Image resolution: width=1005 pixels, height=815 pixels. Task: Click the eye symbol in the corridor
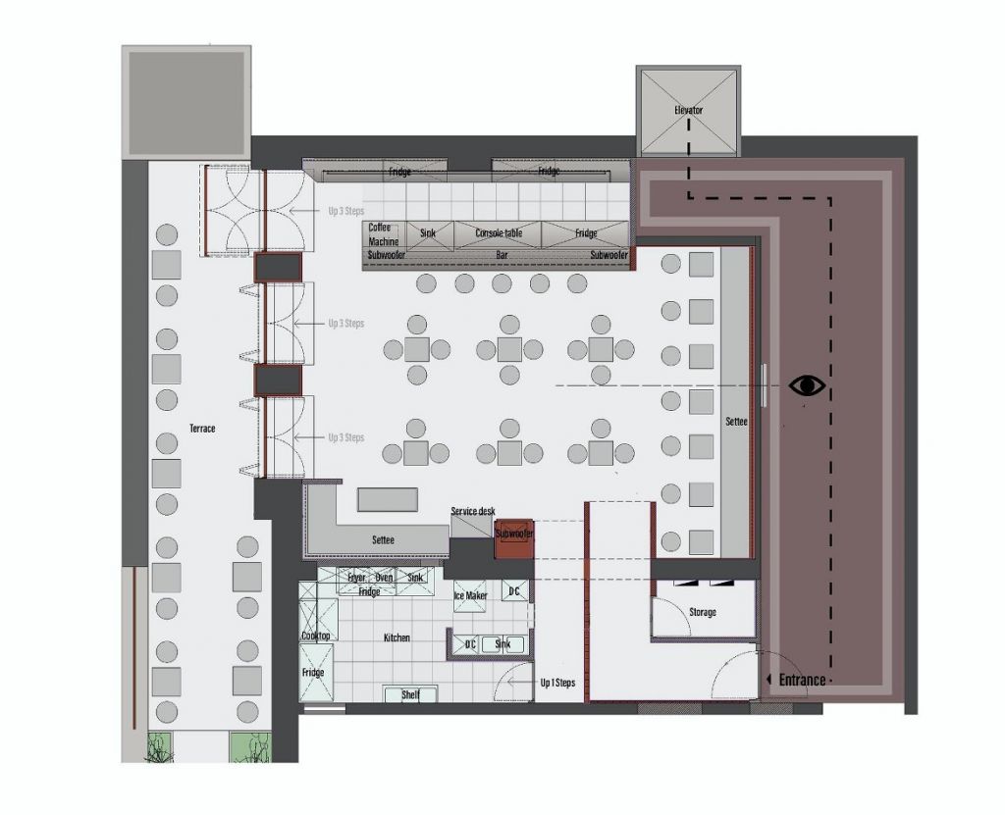tap(807, 385)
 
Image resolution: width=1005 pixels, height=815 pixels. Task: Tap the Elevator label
tap(689, 110)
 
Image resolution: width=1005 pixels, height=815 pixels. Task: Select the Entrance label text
tap(802, 680)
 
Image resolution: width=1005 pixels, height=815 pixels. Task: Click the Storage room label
tap(702, 612)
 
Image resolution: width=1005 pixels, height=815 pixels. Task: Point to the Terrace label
tap(202, 429)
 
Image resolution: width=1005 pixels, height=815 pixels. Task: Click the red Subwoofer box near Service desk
tap(514, 535)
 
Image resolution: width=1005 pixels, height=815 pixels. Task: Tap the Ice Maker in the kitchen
tap(470, 595)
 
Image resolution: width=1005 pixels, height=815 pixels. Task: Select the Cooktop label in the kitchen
tap(316, 637)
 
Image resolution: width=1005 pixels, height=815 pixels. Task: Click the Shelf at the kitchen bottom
tap(411, 694)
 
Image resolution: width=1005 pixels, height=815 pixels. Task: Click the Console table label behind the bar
tap(499, 233)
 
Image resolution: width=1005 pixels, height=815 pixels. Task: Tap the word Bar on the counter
tap(502, 255)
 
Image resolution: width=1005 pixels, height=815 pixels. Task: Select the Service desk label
tap(473, 512)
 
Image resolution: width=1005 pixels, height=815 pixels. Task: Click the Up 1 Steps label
tap(556, 682)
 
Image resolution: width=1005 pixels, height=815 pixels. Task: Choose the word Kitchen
tap(397, 637)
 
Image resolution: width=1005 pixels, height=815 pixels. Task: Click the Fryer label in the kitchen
tap(356, 578)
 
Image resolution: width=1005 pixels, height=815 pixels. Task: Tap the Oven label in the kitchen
tap(384, 578)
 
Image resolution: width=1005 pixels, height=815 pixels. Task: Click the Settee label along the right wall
tap(735, 422)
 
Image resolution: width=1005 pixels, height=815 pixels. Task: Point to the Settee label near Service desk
tap(384, 540)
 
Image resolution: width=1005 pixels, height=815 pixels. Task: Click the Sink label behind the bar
tap(428, 233)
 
